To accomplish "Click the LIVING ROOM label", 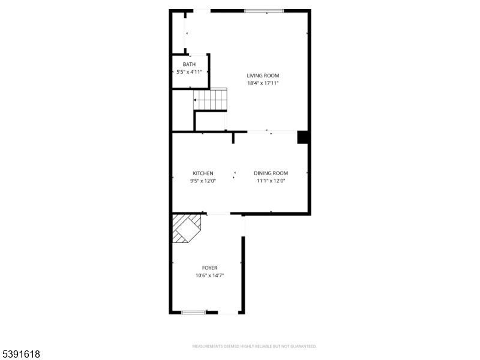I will (263, 76).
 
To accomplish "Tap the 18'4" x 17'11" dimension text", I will (263, 83).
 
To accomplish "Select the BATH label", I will (189, 64).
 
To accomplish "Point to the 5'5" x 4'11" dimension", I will (189, 72).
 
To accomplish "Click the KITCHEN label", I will (203, 173).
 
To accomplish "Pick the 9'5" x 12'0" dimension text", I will (203, 181).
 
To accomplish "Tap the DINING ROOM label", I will (271, 173).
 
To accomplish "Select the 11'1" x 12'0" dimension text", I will (271, 181).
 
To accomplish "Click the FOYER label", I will (209, 268).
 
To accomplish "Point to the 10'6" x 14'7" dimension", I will (209, 276).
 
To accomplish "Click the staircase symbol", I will (210, 100).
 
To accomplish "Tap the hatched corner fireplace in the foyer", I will (187, 229).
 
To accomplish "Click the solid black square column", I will (304, 137).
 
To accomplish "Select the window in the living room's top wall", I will (264, 10).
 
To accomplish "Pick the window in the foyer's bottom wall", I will (194, 312).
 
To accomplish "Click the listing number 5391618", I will (21, 355).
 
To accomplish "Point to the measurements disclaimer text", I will (254, 346).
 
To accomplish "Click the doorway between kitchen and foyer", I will (217, 214).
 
